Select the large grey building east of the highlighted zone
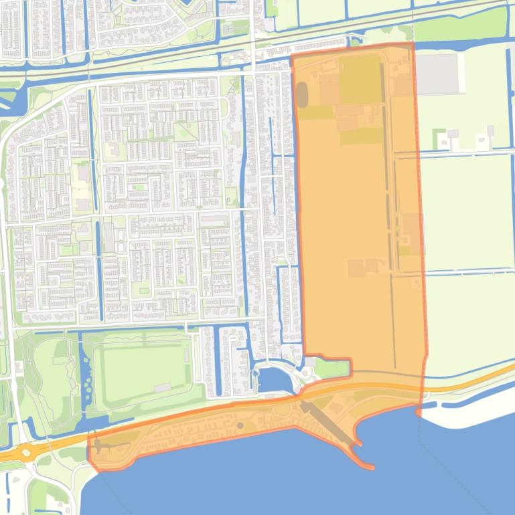tap(439, 73)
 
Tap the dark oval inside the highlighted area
tap(303, 94)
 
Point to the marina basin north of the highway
tap(273, 380)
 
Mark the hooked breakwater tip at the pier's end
tap(365, 464)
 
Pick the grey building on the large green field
tap(162, 387)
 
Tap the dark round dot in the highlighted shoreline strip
tap(240, 425)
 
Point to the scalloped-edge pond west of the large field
tap(86, 378)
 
